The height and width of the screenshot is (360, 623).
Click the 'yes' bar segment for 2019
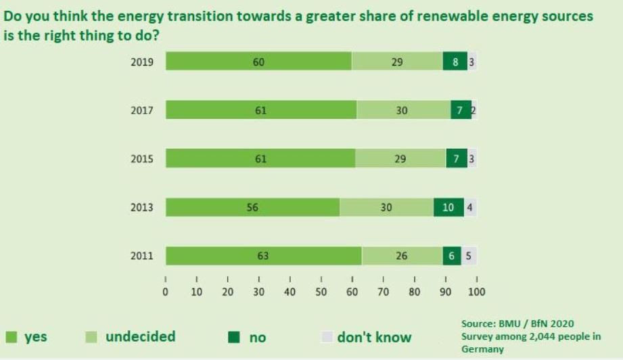pyautogui.click(x=258, y=62)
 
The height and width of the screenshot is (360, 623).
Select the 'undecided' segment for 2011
pyautogui.click(x=402, y=256)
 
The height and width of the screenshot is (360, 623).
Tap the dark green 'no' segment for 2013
pyautogui.click(x=448, y=207)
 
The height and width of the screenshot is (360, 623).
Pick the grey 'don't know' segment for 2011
pyautogui.click(x=469, y=256)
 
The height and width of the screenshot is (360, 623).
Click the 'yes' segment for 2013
pyautogui.click(x=252, y=207)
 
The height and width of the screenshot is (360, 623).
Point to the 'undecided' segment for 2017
pyautogui.click(x=403, y=110)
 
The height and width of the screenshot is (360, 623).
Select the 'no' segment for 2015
pyautogui.click(x=457, y=158)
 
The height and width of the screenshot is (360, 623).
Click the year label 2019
pyautogui.click(x=142, y=62)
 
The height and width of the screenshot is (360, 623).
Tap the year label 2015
pyautogui.click(x=142, y=159)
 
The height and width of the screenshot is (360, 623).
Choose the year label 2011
pyautogui.click(x=142, y=256)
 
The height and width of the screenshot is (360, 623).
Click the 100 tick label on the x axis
pyautogui.click(x=477, y=292)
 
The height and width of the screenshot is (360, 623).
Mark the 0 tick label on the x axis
pyautogui.click(x=166, y=292)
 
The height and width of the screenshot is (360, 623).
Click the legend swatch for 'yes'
pyautogui.click(x=11, y=337)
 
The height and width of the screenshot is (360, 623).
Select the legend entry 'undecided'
pyautogui.click(x=140, y=336)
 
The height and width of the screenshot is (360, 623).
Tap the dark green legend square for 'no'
pyautogui.click(x=234, y=337)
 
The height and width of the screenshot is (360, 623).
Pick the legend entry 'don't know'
pyautogui.click(x=374, y=337)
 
